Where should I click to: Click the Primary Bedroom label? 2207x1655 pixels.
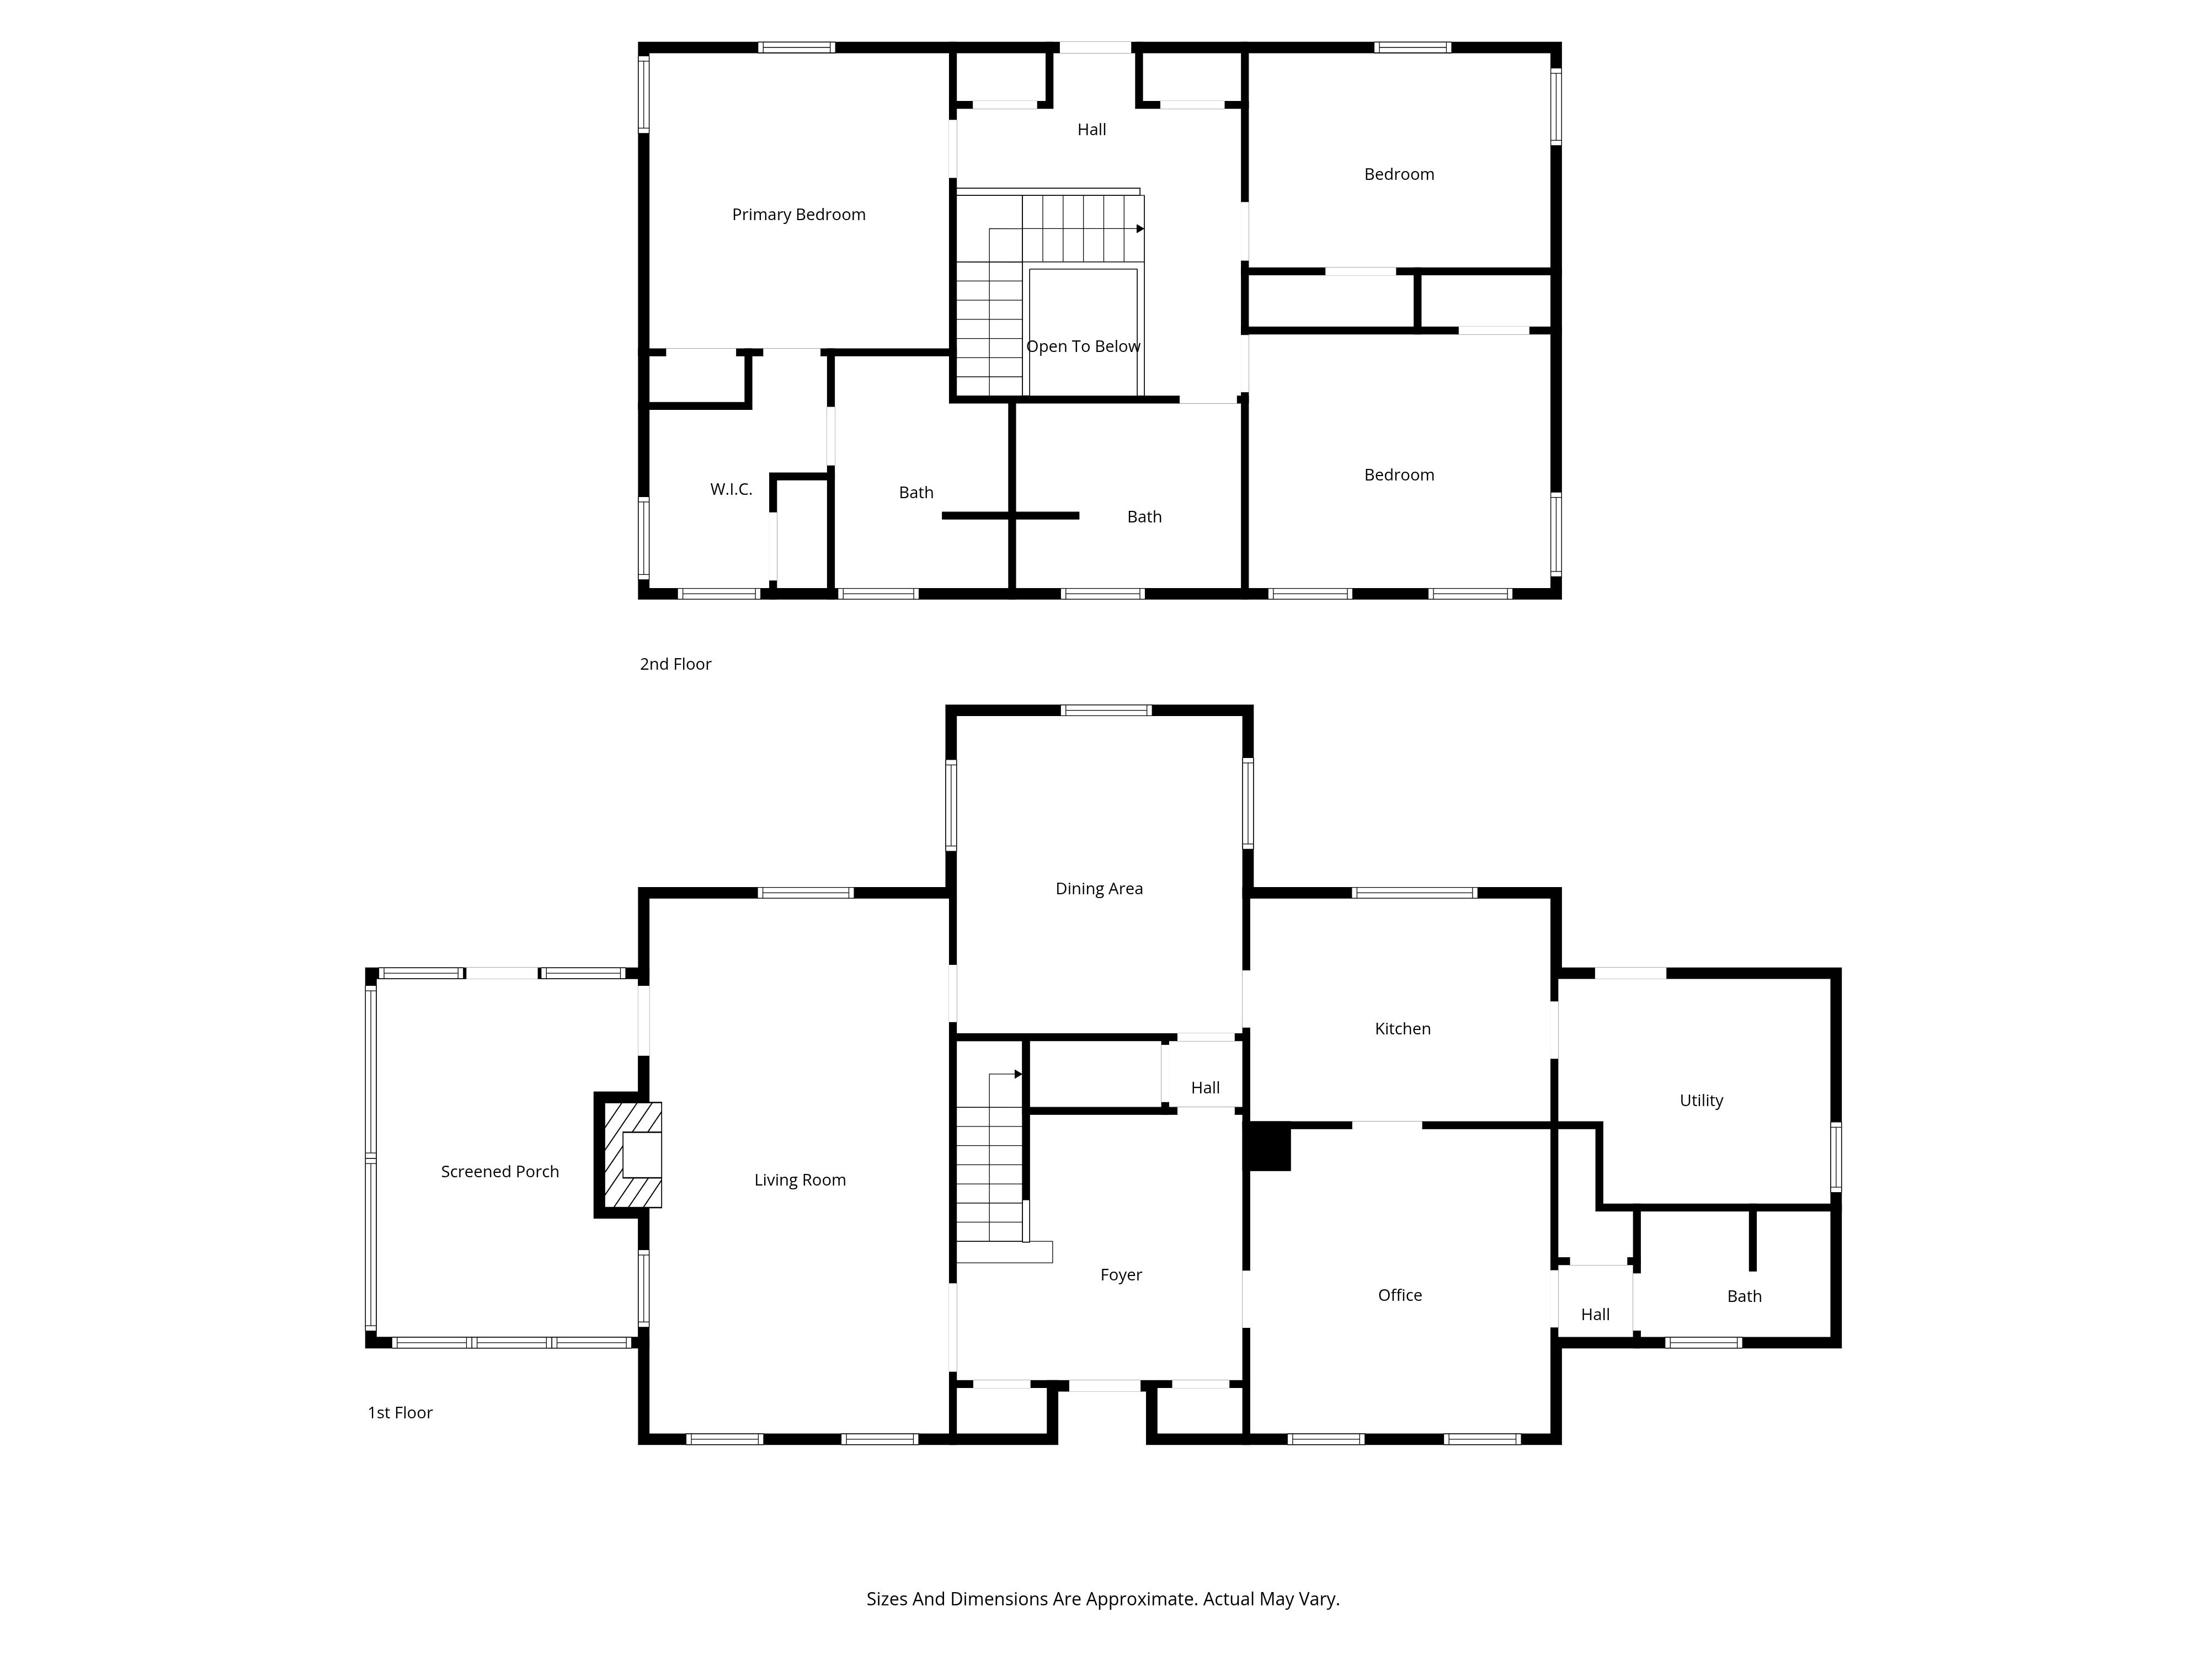click(798, 215)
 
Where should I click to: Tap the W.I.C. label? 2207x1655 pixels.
click(731, 489)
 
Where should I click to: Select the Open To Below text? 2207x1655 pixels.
click(1084, 346)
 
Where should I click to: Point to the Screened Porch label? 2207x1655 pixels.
click(500, 1171)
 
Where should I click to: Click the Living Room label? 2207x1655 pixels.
click(800, 1180)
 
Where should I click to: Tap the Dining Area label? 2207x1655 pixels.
click(1100, 889)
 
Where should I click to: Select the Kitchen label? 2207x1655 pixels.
click(1403, 1028)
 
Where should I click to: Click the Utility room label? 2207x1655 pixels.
click(1701, 1101)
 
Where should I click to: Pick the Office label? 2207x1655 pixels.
click(1400, 1295)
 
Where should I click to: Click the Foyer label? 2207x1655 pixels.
click(1122, 1275)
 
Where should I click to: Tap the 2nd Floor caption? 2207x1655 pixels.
click(675, 664)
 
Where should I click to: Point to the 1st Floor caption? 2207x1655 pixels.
click(400, 1413)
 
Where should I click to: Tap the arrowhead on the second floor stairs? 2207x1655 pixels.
click(1140, 228)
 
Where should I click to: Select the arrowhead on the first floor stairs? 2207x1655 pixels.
click(1019, 1075)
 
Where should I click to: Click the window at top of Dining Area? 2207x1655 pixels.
click(1106, 711)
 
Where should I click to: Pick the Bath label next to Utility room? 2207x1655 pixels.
click(1744, 1296)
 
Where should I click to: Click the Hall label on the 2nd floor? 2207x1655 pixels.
click(1091, 130)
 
